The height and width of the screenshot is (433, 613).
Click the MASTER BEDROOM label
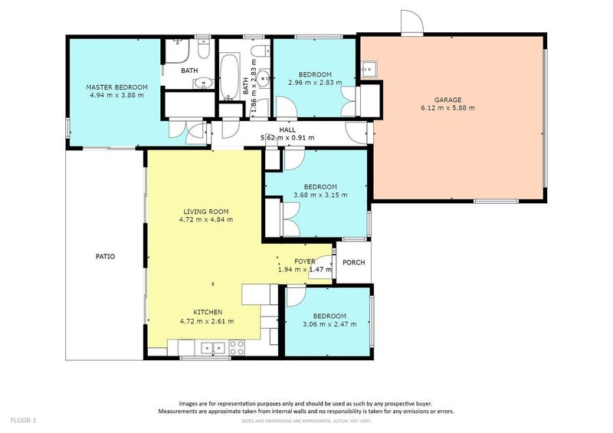[116, 87]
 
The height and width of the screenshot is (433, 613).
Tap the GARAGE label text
[447, 100]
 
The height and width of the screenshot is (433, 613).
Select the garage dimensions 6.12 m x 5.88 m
[447, 108]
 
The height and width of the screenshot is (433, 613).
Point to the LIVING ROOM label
[205, 212]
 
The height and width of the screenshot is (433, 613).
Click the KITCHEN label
[208, 312]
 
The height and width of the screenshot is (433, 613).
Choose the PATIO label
[105, 257]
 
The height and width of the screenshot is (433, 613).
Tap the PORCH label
[354, 262]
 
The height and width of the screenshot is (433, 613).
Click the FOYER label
[304, 261]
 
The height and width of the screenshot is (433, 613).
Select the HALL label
[287, 130]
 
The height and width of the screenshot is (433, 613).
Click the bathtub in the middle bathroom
[228, 77]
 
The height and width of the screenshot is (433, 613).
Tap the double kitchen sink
[213, 348]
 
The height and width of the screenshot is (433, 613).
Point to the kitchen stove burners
[237, 348]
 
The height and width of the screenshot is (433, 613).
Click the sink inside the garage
[369, 69]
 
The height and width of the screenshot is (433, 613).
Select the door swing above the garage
[412, 23]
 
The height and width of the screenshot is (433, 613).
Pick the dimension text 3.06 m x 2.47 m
[329, 324]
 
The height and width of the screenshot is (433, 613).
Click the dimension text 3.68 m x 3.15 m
[320, 195]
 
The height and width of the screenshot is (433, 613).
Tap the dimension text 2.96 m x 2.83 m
[315, 83]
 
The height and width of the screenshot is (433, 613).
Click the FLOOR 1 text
[23, 421]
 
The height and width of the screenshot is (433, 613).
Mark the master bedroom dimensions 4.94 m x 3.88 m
[116, 95]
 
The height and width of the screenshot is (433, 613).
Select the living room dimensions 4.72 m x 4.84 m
[206, 220]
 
